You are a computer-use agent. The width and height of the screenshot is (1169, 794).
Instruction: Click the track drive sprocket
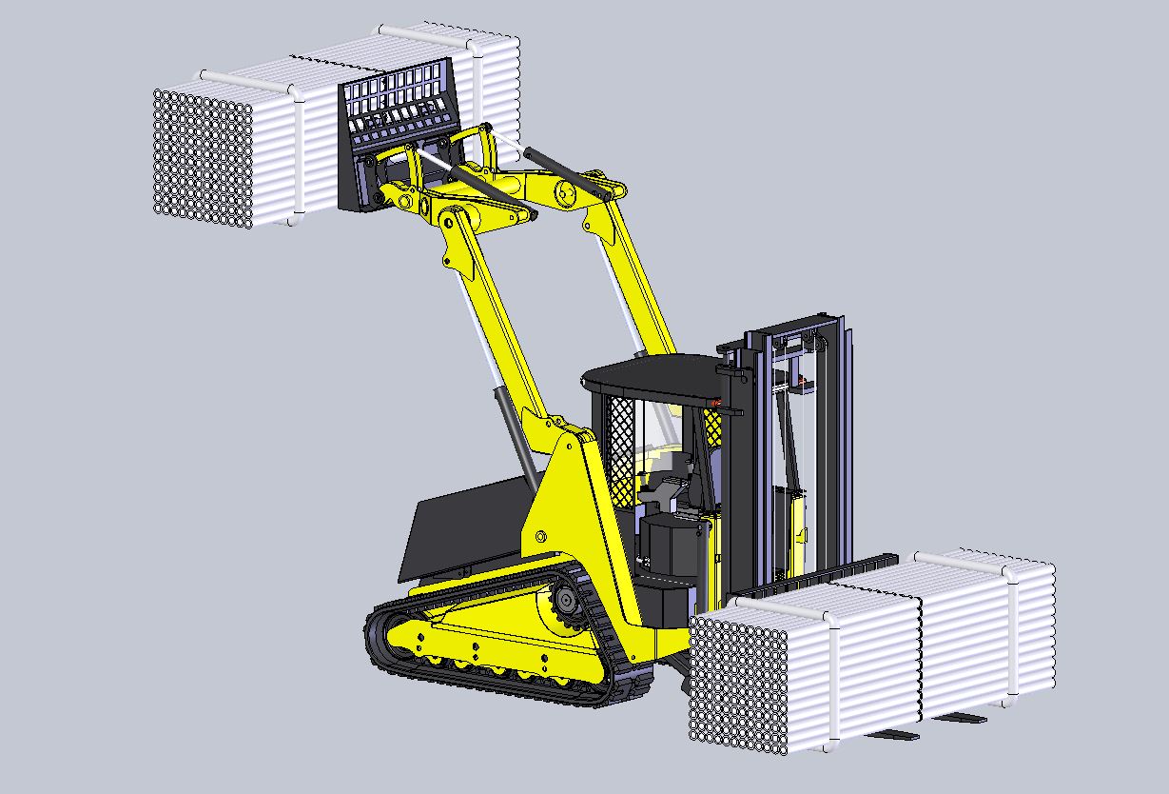pyautogui.click(x=563, y=604)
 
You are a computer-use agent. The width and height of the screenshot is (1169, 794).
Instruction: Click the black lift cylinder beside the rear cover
pyautogui.click(x=515, y=433)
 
